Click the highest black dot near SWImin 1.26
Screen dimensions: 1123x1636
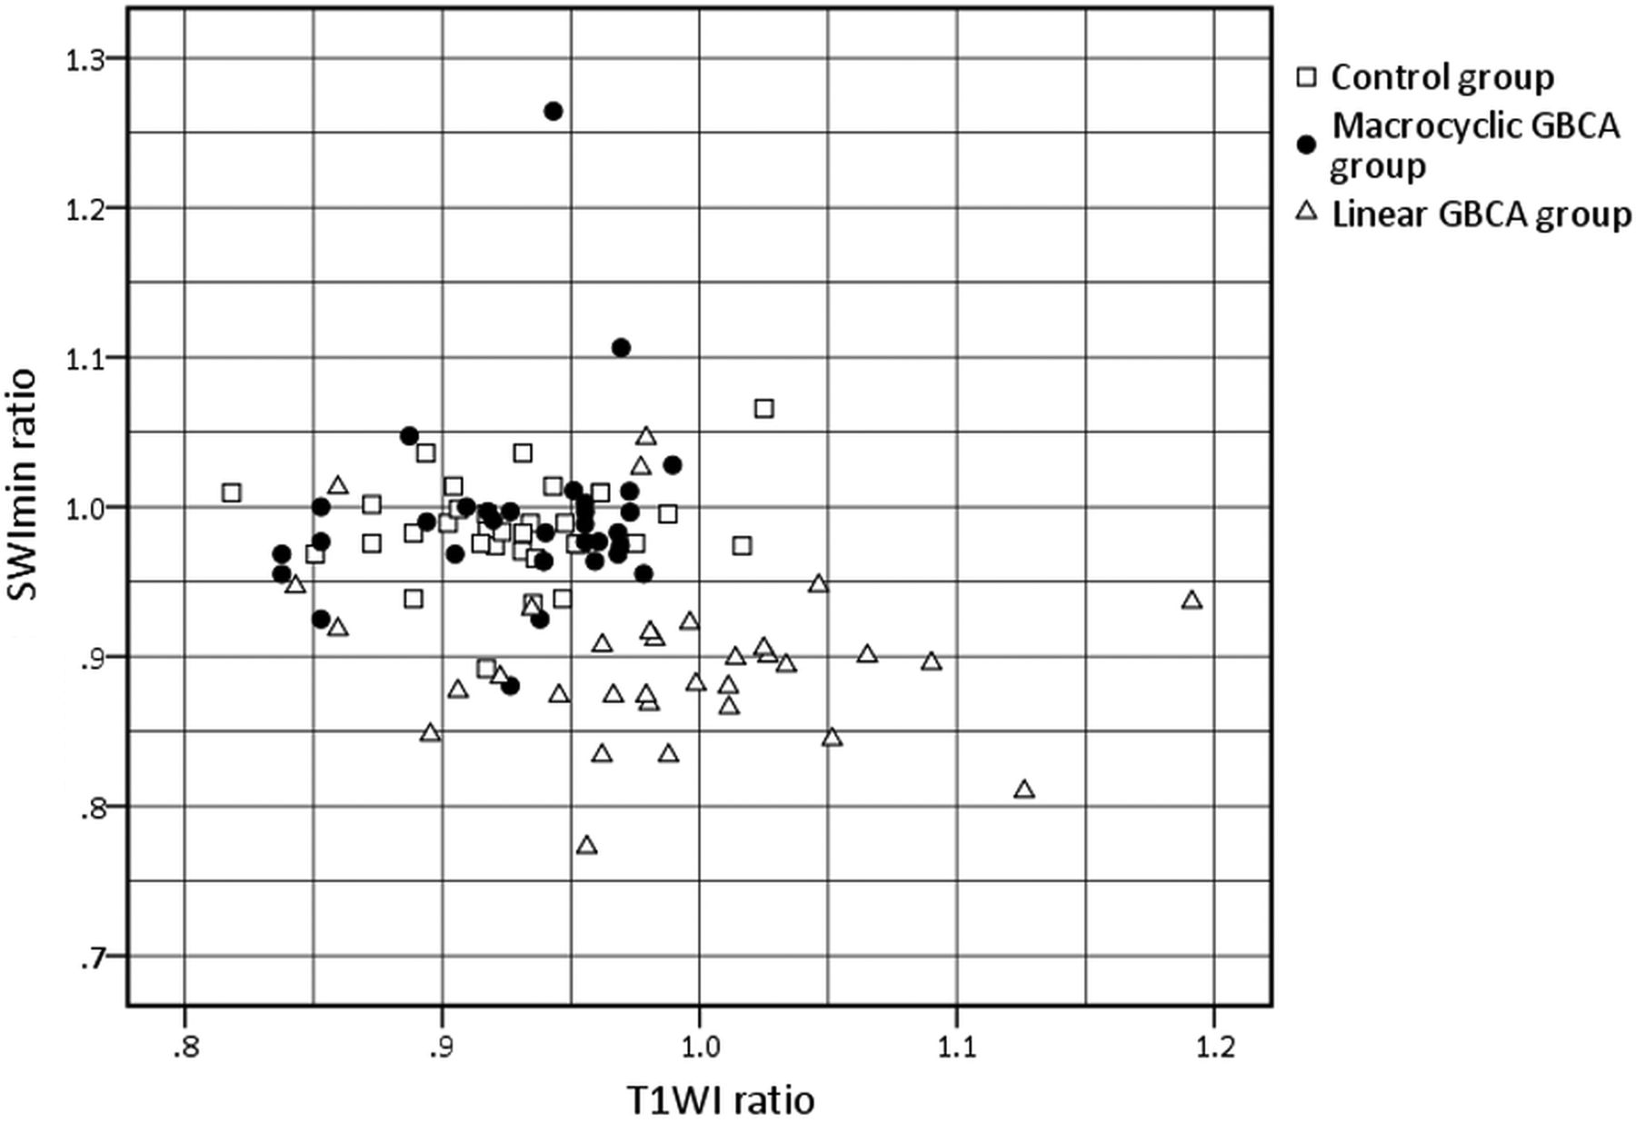(x=554, y=111)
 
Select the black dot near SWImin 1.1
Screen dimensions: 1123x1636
(x=622, y=347)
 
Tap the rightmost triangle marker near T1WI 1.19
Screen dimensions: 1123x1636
(x=1192, y=601)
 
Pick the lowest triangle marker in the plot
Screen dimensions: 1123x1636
(x=587, y=846)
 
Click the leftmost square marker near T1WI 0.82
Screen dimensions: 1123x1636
(x=232, y=492)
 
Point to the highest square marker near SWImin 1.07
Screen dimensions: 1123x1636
(x=764, y=409)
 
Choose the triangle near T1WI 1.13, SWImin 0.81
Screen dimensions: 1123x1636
(x=1024, y=790)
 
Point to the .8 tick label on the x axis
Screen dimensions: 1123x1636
(x=185, y=1048)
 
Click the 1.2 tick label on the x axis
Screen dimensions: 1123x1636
(x=1214, y=1048)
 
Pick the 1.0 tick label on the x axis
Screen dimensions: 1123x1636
(x=699, y=1048)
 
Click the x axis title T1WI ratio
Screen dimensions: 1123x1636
(x=721, y=1100)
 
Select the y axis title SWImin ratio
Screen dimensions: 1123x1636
(x=25, y=483)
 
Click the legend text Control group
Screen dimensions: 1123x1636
(x=1442, y=78)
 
